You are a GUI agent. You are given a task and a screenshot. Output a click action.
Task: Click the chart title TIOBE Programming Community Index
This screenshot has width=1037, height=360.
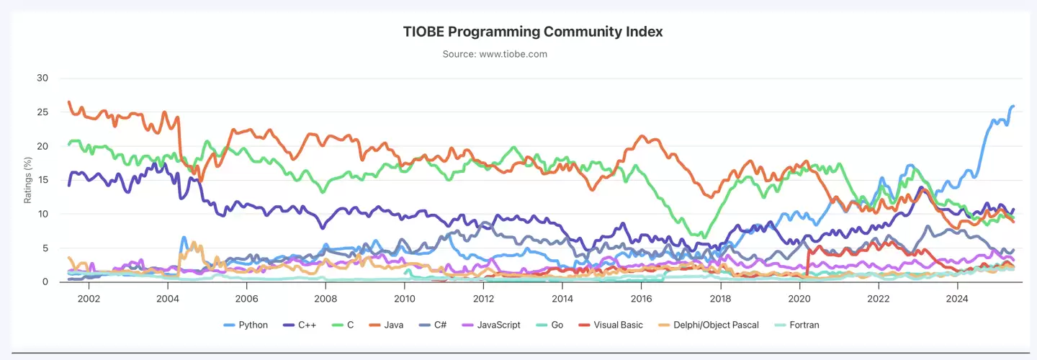coord(532,32)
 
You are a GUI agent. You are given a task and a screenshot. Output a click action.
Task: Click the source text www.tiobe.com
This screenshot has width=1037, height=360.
coord(532,54)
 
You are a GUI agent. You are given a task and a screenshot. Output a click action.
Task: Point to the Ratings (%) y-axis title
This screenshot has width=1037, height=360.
coord(28,180)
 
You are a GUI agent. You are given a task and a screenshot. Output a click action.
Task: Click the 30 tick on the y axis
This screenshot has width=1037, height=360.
coord(42,78)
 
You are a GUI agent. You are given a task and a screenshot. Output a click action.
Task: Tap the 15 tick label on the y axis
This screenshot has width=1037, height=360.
coord(42,180)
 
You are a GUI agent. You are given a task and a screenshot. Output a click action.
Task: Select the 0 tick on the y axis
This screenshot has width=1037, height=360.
coord(45,282)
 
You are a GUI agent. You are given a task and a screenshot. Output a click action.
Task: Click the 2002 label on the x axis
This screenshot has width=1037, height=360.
coord(88,298)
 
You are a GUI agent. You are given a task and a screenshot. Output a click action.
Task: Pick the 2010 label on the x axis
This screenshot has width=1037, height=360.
coord(404,298)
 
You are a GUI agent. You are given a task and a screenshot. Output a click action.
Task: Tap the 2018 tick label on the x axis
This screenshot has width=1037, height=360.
coord(720,298)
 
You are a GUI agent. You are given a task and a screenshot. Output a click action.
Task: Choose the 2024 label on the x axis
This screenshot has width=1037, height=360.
coord(957,298)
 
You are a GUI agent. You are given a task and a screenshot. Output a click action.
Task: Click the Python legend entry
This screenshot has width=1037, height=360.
coord(246,325)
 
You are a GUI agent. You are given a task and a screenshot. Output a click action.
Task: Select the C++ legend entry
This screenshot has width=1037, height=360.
coord(301,325)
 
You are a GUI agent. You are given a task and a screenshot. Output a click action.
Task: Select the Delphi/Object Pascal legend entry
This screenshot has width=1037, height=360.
coord(707,325)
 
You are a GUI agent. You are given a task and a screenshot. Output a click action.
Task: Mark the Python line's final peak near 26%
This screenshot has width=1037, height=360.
coord(1013,106)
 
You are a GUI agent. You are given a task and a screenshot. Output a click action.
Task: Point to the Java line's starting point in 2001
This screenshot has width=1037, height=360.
coord(69,102)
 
